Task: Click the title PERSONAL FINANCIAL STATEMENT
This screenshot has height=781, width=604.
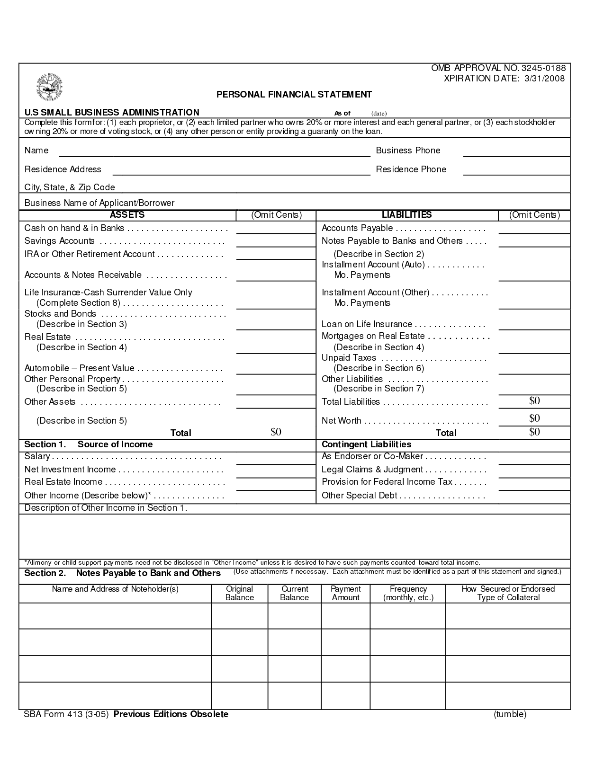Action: [x=294, y=95]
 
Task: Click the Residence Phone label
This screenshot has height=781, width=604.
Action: [x=411, y=169]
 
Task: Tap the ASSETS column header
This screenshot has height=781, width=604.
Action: [x=127, y=215]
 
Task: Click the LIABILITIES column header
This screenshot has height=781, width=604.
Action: [x=406, y=215]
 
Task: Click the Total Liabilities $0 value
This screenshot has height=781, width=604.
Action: [x=534, y=401]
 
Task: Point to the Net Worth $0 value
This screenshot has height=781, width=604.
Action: [x=534, y=418]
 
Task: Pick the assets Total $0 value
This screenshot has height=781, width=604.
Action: [x=276, y=432]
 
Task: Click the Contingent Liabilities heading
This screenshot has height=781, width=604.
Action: [x=366, y=444]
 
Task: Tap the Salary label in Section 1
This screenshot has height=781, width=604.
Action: [x=37, y=457]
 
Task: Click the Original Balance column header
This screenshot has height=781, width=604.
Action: [x=239, y=593]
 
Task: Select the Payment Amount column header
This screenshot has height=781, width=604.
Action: [x=345, y=593]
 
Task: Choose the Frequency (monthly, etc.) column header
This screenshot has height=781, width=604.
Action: [x=408, y=593]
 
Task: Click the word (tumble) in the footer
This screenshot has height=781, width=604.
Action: [x=510, y=714]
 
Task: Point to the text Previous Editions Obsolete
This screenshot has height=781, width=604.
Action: [x=171, y=714]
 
